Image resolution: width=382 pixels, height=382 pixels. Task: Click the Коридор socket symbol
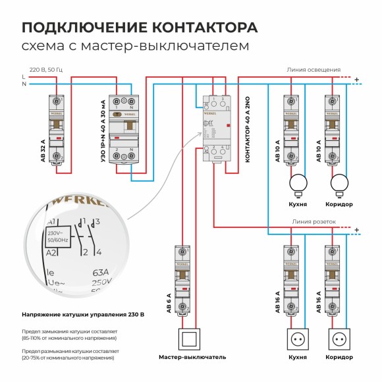click(x=339, y=339)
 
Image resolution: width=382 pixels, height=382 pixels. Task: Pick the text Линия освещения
click(x=314, y=69)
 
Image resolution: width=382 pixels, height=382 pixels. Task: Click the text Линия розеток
click(x=314, y=222)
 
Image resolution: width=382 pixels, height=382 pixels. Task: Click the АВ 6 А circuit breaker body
click(x=182, y=280)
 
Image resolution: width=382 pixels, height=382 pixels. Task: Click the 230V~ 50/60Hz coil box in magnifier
click(x=58, y=236)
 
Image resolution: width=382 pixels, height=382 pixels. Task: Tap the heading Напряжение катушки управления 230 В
click(x=83, y=314)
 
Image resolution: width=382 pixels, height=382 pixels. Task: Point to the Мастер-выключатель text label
click(x=192, y=357)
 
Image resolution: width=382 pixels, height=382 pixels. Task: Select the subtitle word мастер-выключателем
click(x=186, y=47)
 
